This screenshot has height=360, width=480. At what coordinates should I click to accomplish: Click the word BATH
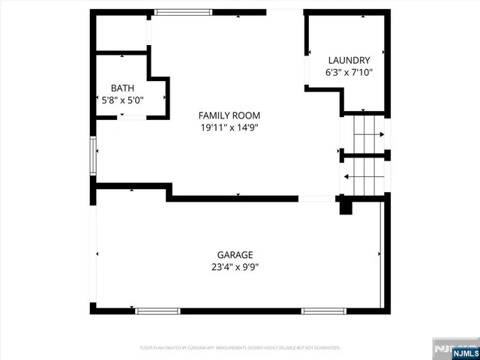pos(122,88)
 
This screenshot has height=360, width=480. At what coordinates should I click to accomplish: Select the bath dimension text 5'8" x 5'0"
pos(122,99)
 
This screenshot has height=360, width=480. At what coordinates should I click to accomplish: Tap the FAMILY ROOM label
pos(229,115)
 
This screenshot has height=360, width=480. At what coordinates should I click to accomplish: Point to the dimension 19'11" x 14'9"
pos(229,127)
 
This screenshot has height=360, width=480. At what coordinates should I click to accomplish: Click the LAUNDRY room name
pos(349,61)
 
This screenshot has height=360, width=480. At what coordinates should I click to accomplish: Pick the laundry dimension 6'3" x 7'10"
pos(349,73)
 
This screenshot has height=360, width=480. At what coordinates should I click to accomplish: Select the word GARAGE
pos(235,254)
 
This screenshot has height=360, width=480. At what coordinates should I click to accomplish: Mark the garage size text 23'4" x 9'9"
pos(235,266)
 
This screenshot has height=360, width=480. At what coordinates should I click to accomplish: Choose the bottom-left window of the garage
pos(157,310)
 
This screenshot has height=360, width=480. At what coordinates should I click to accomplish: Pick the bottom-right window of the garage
pos(323,310)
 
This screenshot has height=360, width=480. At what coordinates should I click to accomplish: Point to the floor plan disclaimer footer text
pos(240,348)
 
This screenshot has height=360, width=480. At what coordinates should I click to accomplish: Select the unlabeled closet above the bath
pos(120,33)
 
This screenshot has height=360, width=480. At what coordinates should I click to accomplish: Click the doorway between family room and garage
pos(316,199)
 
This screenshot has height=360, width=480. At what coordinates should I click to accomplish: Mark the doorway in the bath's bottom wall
pos(133,116)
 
